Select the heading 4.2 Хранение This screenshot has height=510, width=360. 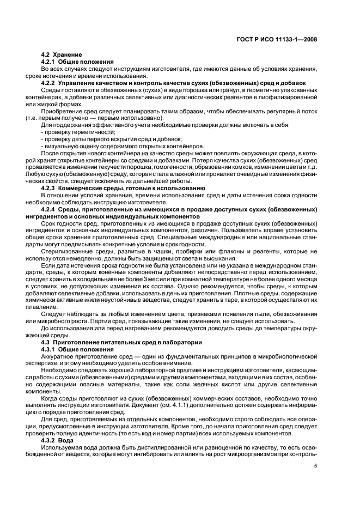[x=62, y=55]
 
